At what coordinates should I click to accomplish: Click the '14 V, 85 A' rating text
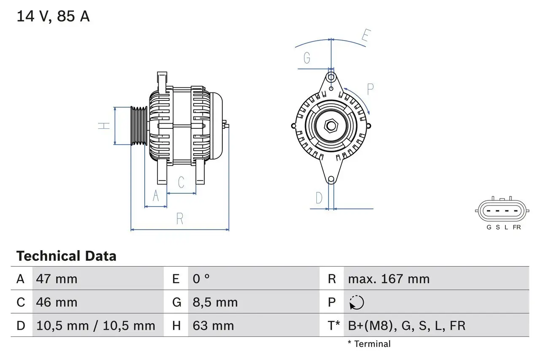click(53, 16)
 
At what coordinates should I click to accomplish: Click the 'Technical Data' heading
click(66, 256)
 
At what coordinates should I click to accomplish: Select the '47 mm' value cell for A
click(57, 279)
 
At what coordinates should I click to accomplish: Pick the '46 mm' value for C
click(57, 302)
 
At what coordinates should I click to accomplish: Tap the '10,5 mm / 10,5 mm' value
click(96, 325)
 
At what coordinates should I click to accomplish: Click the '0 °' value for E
click(201, 279)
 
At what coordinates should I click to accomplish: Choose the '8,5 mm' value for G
click(215, 302)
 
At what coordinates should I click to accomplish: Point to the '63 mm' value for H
click(213, 325)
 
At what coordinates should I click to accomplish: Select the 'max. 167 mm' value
click(389, 279)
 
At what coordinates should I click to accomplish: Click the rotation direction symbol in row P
click(356, 303)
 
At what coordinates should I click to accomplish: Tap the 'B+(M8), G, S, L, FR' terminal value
click(407, 325)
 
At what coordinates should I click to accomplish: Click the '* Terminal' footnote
click(369, 344)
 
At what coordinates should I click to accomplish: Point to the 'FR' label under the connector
click(517, 227)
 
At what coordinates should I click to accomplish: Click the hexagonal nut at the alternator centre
click(331, 126)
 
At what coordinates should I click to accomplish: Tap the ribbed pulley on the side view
click(138, 126)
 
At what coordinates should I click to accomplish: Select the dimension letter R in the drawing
click(180, 219)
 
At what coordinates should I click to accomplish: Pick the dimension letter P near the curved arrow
click(370, 89)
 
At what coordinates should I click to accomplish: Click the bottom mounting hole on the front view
click(331, 179)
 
